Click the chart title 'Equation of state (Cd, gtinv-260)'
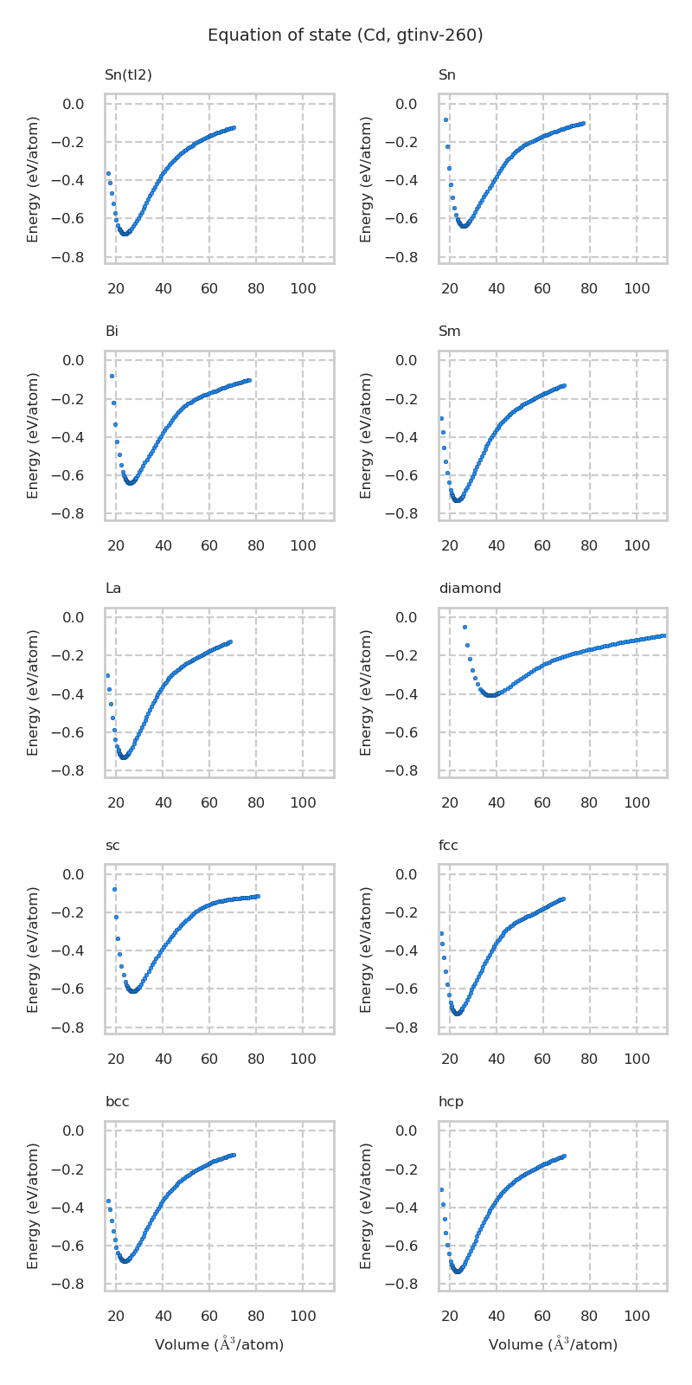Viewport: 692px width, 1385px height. coord(345,35)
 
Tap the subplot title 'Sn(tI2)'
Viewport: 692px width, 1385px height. coord(128,75)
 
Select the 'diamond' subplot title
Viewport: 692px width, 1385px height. coord(470,589)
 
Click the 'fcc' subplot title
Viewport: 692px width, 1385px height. coord(448,846)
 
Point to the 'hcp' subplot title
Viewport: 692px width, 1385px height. coord(451,1102)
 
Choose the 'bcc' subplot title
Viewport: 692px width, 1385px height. coord(118,1102)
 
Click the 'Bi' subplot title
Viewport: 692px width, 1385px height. coord(112,332)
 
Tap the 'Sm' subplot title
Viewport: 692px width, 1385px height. coord(449,332)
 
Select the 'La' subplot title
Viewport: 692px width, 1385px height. coord(113,589)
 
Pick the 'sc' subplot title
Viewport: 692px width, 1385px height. coord(112,846)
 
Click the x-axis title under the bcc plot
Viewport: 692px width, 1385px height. coord(219,1344)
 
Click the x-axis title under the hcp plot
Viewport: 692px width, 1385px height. coord(553,1344)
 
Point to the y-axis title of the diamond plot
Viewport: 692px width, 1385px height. coord(367,692)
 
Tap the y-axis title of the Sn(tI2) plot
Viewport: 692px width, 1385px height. coord(33,179)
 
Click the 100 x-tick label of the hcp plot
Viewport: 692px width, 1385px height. coord(637,1317)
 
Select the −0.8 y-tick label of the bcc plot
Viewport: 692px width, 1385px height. coord(68,1284)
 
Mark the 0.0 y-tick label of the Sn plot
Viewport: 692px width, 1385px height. coord(406,105)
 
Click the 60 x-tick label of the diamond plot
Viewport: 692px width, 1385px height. coord(542,803)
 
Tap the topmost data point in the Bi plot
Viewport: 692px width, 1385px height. coord(112,376)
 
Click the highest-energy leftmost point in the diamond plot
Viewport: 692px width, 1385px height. coord(465,627)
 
